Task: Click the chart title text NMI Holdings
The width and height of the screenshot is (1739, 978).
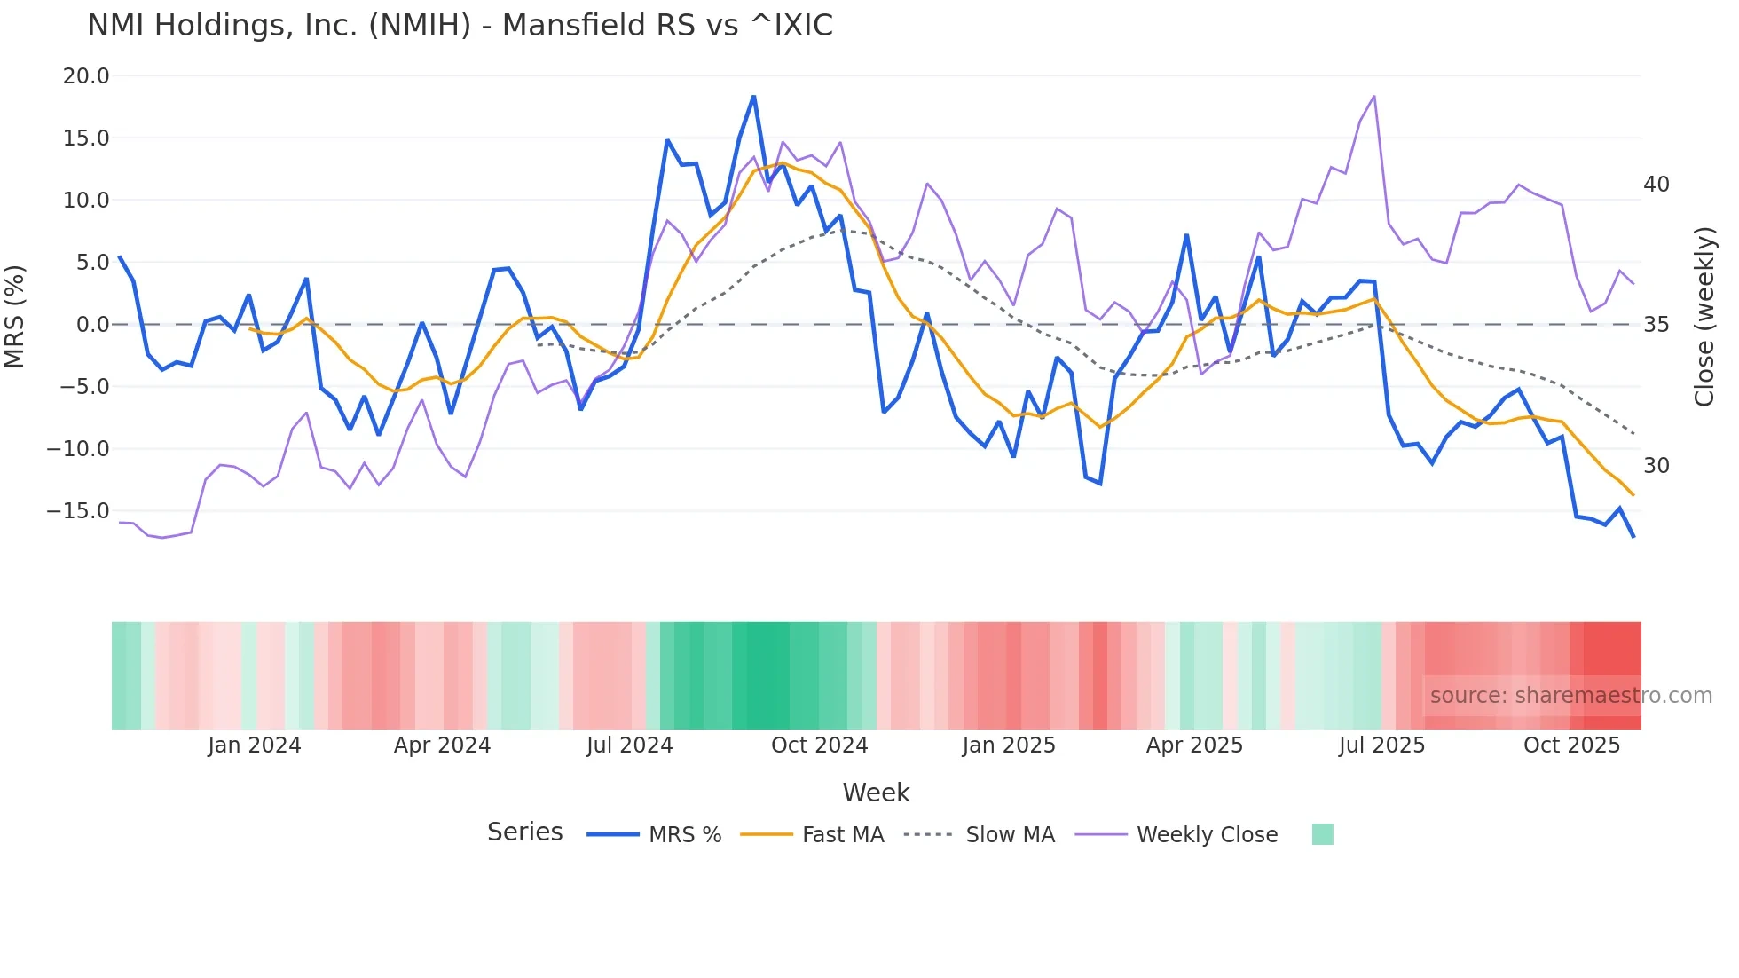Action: pyautogui.click(x=460, y=26)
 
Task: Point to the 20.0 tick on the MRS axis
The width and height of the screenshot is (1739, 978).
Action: pyautogui.click(x=86, y=76)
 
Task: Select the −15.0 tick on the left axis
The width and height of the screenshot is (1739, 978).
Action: pyautogui.click(x=78, y=511)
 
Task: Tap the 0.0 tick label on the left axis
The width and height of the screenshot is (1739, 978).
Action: pyautogui.click(x=92, y=325)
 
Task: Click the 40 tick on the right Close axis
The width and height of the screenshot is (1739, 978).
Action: pyautogui.click(x=1656, y=185)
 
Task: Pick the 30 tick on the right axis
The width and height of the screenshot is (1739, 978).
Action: pyautogui.click(x=1656, y=466)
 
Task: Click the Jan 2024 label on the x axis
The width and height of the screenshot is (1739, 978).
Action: pyautogui.click(x=255, y=745)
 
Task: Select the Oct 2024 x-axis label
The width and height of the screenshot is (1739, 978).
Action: pyautogui.click(x=819, y=745)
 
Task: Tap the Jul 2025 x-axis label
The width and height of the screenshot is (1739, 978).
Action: pyautogui.click(x=1381, y=745)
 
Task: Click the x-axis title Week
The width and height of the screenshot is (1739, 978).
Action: pyautogui.click(x=876, y=793)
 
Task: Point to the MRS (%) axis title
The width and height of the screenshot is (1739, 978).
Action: pyautogui.click(x=15, y=316)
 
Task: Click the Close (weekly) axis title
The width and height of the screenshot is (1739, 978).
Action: pyautogui.click(x=1704, y=317)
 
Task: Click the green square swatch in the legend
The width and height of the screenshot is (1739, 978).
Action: pyautogui.click(x=1322, y=834)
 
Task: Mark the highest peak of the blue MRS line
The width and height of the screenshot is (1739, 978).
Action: pyautogui.click(x=754, y=96)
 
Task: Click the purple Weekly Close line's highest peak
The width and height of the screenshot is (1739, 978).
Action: pyautogui.click(x=1374, y=96)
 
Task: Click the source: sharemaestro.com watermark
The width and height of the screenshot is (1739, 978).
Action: pyautogui.click(x=1570, y=696)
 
